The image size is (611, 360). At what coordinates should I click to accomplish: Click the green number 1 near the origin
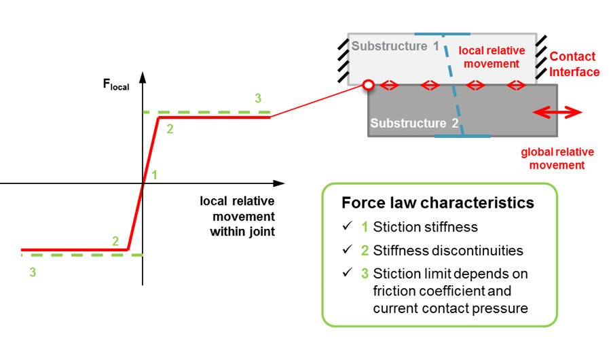coord(155,175)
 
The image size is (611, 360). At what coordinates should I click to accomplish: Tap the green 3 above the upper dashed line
coord(257,98)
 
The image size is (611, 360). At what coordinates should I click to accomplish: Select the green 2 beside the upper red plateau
coord(170,129)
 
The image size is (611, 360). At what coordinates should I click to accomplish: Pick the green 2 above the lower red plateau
coord(115,241)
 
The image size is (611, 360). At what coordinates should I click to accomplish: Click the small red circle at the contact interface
coord(367,85)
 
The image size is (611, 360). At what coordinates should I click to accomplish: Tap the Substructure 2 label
coord(415,124)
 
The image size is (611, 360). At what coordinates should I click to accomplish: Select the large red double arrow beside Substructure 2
coord(557,113)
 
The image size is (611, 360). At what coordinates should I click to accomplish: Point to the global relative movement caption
coord(552,158)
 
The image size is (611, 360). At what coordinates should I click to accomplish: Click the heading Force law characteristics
coord(438,203)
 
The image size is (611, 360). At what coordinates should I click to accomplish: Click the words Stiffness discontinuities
coord(448,251)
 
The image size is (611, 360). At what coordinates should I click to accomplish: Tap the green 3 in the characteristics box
coord(365,274)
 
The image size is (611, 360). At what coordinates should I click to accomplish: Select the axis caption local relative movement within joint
coord(238,216)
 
